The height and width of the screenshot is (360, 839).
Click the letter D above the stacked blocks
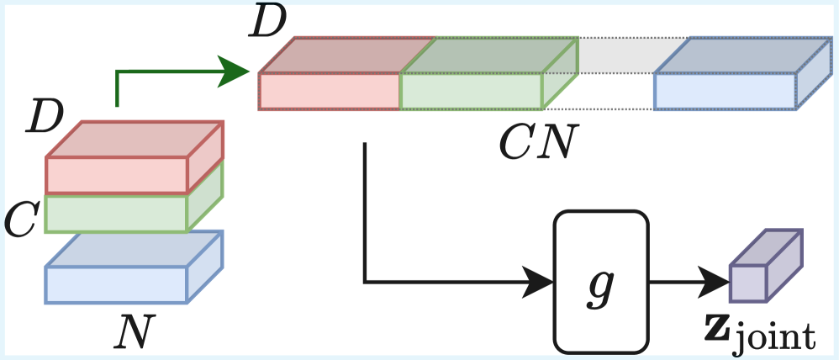pyautogui.click(x=45, y=118)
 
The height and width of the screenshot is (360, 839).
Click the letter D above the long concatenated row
pyautogui.click(x=269, y=26)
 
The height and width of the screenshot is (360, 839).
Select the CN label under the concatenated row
pyautogui.click(x=535, y=144)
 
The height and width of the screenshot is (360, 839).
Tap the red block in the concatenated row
pyautogui.click(x=330, y=91)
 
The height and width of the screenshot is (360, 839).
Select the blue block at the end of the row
pyautogui.click(x=725, y=91)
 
